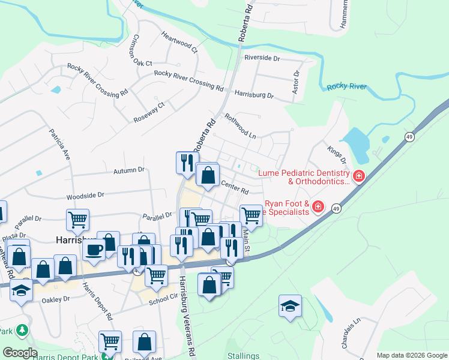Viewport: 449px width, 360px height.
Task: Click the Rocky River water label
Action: [346, 87]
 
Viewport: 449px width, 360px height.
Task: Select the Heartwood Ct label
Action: [179, 41]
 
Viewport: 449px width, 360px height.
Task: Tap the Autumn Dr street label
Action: [129, 170]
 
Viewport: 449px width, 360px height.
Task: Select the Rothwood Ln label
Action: [240, 126]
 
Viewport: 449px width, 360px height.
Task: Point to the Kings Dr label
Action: [337, 154]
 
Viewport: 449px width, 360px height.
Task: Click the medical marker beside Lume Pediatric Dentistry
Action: [359, 176]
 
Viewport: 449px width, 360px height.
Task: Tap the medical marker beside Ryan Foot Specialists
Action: [318, 208]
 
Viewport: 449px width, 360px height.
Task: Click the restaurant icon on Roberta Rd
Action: [187, 161]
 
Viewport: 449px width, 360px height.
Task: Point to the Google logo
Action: [20, 353]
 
